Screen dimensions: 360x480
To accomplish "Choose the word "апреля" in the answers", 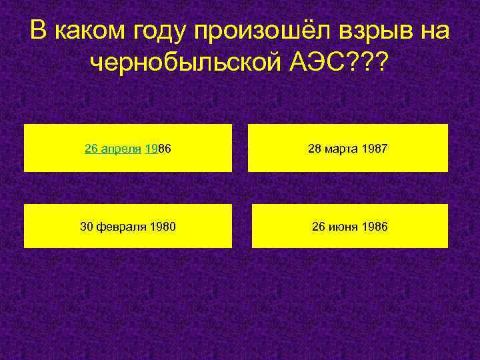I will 122,149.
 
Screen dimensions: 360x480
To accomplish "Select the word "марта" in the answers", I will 341,149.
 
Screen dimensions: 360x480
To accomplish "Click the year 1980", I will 162,227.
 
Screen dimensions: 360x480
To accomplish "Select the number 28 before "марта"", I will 314,149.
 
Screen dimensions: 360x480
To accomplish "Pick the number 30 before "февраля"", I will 87,227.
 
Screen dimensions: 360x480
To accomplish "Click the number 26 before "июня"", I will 319,227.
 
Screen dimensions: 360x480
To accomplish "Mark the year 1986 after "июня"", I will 374,227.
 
